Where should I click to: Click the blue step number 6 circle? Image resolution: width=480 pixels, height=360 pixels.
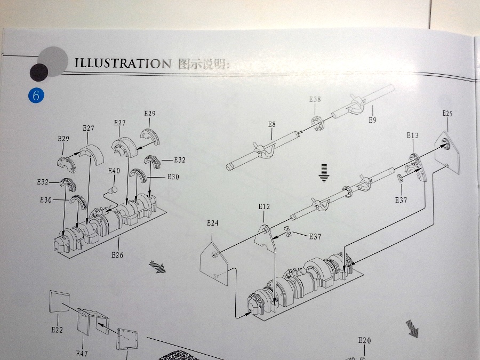point(36,96)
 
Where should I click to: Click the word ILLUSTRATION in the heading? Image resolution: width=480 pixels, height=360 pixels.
point(122,63)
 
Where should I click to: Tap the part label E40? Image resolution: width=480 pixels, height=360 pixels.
point(114,171)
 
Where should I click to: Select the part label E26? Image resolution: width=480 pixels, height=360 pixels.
point(117,254)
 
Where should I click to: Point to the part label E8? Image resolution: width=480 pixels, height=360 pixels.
point(271,124)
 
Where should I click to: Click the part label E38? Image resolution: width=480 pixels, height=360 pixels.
point(315,99)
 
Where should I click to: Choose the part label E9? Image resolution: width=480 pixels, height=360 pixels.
point(372,119)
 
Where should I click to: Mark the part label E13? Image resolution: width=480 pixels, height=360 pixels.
point(412,135)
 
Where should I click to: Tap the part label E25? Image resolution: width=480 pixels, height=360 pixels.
point(447,113)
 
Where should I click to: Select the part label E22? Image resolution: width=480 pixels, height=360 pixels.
point(57,330)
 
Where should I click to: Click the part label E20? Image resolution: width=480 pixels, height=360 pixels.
point(364,340)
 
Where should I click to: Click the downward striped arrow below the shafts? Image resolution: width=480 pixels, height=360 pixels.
point(323,173)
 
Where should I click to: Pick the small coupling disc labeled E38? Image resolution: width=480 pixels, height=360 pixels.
point(315,121)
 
